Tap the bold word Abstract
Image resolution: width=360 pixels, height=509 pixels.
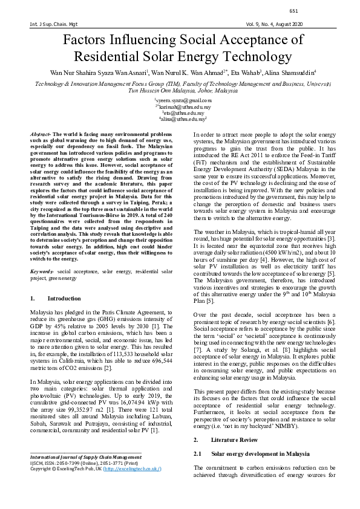tap(41, 132)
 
